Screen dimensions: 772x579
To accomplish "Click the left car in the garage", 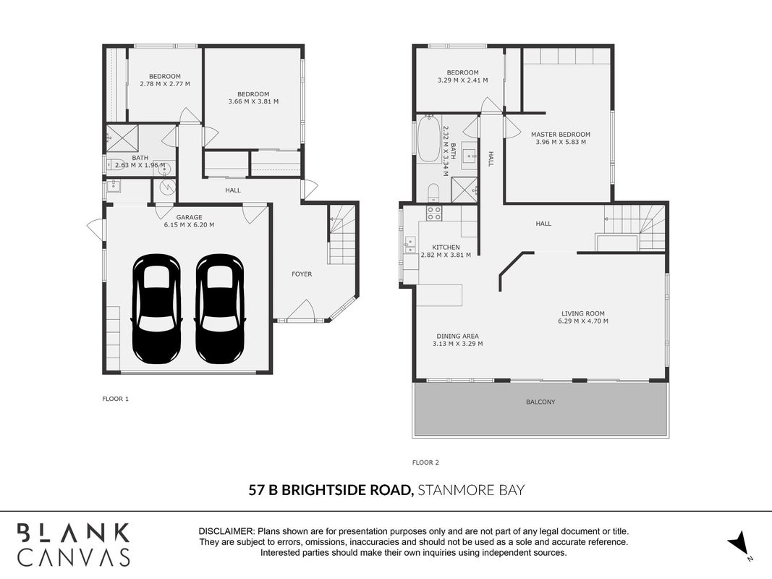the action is click(156, 309).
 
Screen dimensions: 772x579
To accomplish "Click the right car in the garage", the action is click(219, 309).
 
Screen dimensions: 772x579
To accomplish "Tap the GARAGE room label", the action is click(189, 217).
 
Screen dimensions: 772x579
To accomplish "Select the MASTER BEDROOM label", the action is click(560, 135).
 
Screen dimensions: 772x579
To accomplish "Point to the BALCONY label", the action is click(540, 402).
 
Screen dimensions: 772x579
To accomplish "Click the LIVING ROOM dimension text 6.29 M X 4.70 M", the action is click(583, 321).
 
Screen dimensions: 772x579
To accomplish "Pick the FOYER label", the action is click(302, 274).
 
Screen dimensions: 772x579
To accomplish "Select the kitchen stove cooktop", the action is click(434, 214).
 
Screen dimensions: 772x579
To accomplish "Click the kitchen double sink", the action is click(410, 245).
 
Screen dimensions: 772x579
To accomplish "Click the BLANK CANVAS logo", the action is click(74, 545).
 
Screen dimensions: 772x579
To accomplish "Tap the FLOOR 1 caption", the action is click(115, 399).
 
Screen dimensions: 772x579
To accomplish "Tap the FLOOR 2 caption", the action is click(425, 462).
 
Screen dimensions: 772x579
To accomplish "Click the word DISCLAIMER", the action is click(226, 532).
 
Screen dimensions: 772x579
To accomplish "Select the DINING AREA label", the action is click(457, 337).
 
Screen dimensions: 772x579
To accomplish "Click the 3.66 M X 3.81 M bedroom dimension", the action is click(253, 102).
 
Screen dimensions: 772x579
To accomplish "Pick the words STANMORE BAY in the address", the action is click(471, 491).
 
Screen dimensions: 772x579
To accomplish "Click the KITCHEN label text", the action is click(446, 248).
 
